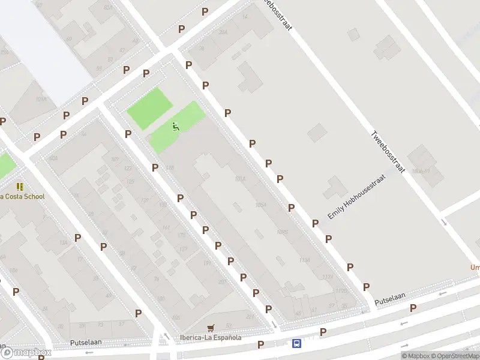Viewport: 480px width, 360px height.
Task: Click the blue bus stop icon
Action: tap(296, 344)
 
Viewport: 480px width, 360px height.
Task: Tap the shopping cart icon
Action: tap(210, 328)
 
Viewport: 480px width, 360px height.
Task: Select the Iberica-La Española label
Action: tap(211, 337)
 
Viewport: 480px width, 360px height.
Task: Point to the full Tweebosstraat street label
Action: tap(388, 152)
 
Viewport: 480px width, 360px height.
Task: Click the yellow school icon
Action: tap(20, 187)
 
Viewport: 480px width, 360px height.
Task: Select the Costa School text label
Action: tap(22, 196)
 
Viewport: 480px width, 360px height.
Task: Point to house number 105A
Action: tap(260, 205)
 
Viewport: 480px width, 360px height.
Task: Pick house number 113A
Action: tap(304, 260)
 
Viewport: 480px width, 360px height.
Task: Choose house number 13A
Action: tap(63, 242)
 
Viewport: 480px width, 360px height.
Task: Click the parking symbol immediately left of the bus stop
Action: tap(260, 344)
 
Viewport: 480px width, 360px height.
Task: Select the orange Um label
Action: tap(474, 268)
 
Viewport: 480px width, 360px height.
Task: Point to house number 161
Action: tap(166, 227)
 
